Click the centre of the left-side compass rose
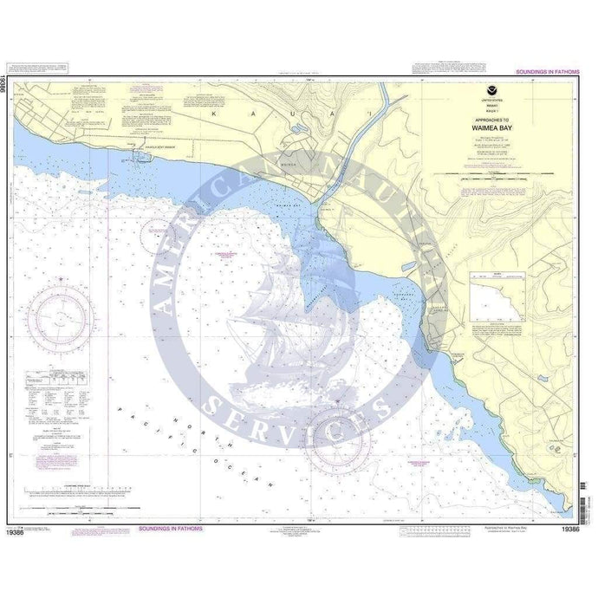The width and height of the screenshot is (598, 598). [x=61, y=317]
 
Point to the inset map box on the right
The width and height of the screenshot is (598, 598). [x=497, y=296]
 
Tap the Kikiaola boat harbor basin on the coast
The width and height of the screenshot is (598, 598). [x=139, y=158]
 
